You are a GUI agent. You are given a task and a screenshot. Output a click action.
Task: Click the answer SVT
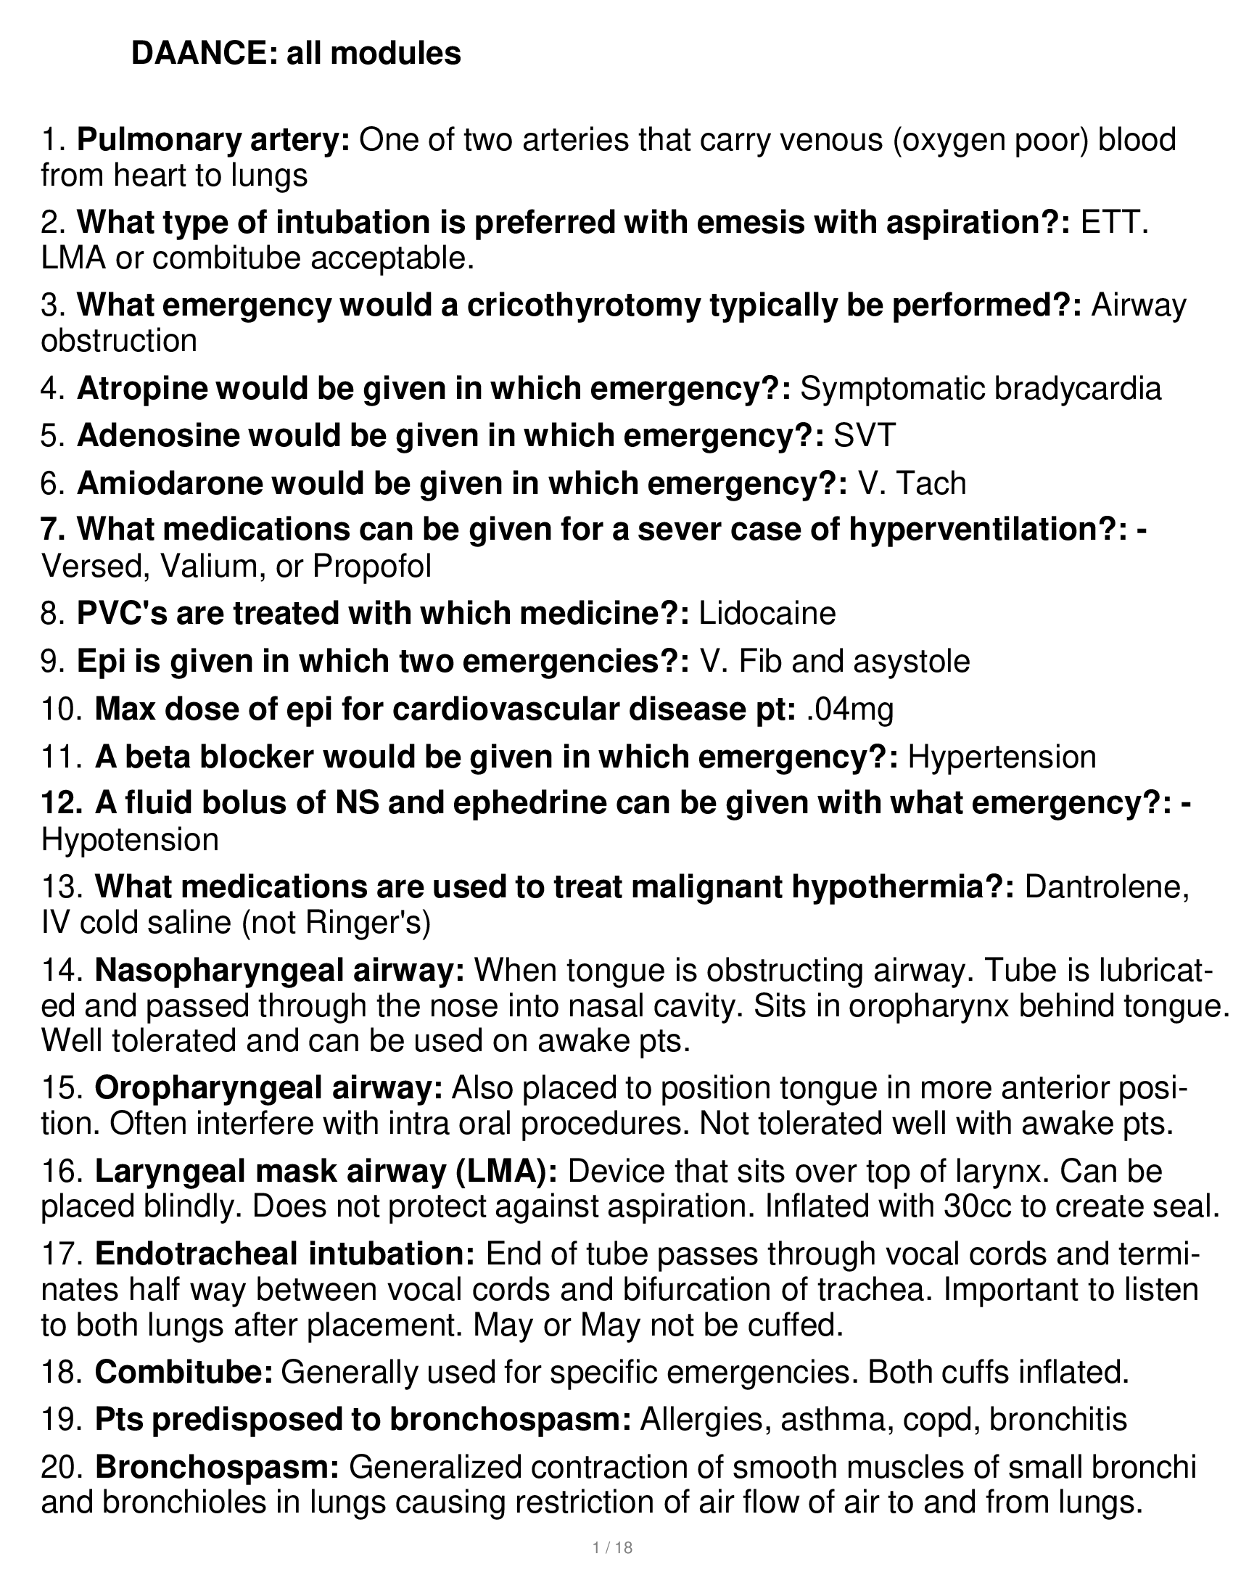(x=864, y=435)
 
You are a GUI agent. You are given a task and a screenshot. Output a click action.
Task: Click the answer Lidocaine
(x=767, y=613)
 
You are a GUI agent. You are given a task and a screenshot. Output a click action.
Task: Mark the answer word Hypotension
(x=130, y=839)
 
